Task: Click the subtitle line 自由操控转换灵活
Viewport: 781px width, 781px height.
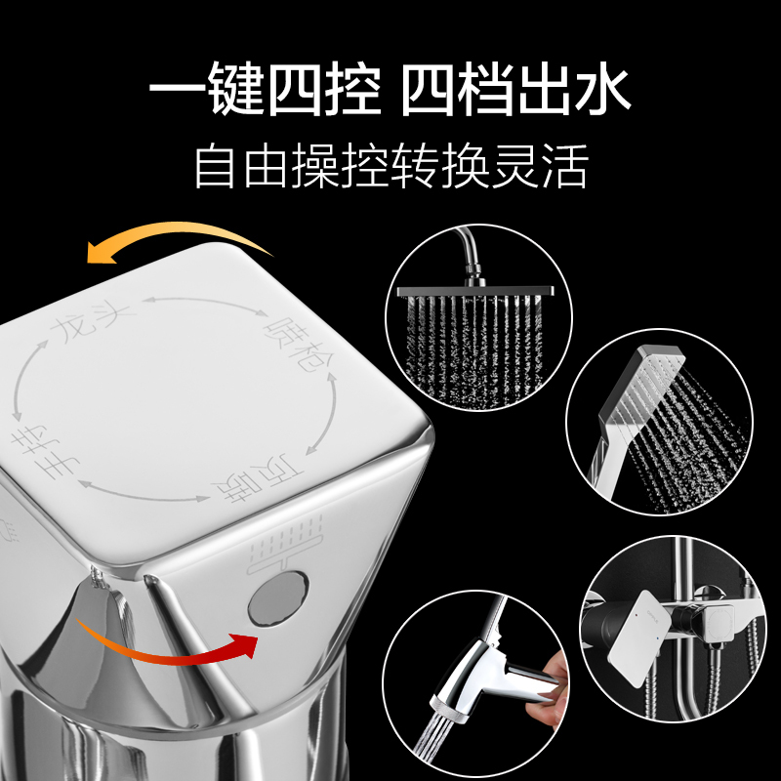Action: [x=391, y=166]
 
